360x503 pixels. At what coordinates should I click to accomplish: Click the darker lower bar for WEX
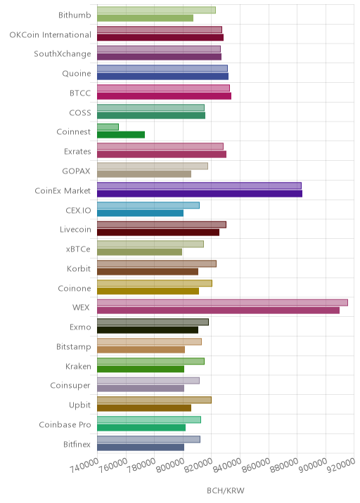click(218, 311)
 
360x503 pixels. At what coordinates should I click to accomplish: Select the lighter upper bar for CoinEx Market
click(199, 185)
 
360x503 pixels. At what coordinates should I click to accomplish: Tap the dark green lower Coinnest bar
click(121, 135)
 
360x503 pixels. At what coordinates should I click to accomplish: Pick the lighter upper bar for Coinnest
click(108, 127)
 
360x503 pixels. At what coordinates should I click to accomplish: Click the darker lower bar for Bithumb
click(145, 18)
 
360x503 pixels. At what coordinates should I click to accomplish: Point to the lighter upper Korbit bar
click(157, 263)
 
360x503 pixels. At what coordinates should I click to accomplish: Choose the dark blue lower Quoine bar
click(163, 77)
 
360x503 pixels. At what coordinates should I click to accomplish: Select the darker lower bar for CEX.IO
click(141, 213)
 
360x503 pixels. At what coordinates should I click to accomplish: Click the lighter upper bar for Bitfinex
click(148, 440)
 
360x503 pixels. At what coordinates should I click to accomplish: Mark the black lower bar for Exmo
click(148, 330)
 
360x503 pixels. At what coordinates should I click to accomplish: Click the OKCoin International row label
click(51, 34)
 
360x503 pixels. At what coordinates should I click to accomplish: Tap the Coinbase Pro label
click(65, 424)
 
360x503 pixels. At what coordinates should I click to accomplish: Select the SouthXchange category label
click(63, 54)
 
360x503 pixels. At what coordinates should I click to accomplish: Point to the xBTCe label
click(78, 249)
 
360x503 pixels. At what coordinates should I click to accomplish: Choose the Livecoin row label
click(75, 229)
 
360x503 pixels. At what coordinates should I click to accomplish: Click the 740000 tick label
click(84, 465)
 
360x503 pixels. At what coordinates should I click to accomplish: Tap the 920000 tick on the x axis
click(341, 465)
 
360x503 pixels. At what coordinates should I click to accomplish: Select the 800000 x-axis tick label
click(170, 465)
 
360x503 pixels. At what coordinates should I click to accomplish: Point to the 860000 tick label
click(256, 465)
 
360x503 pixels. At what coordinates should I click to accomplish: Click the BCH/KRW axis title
click(226, 490)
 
